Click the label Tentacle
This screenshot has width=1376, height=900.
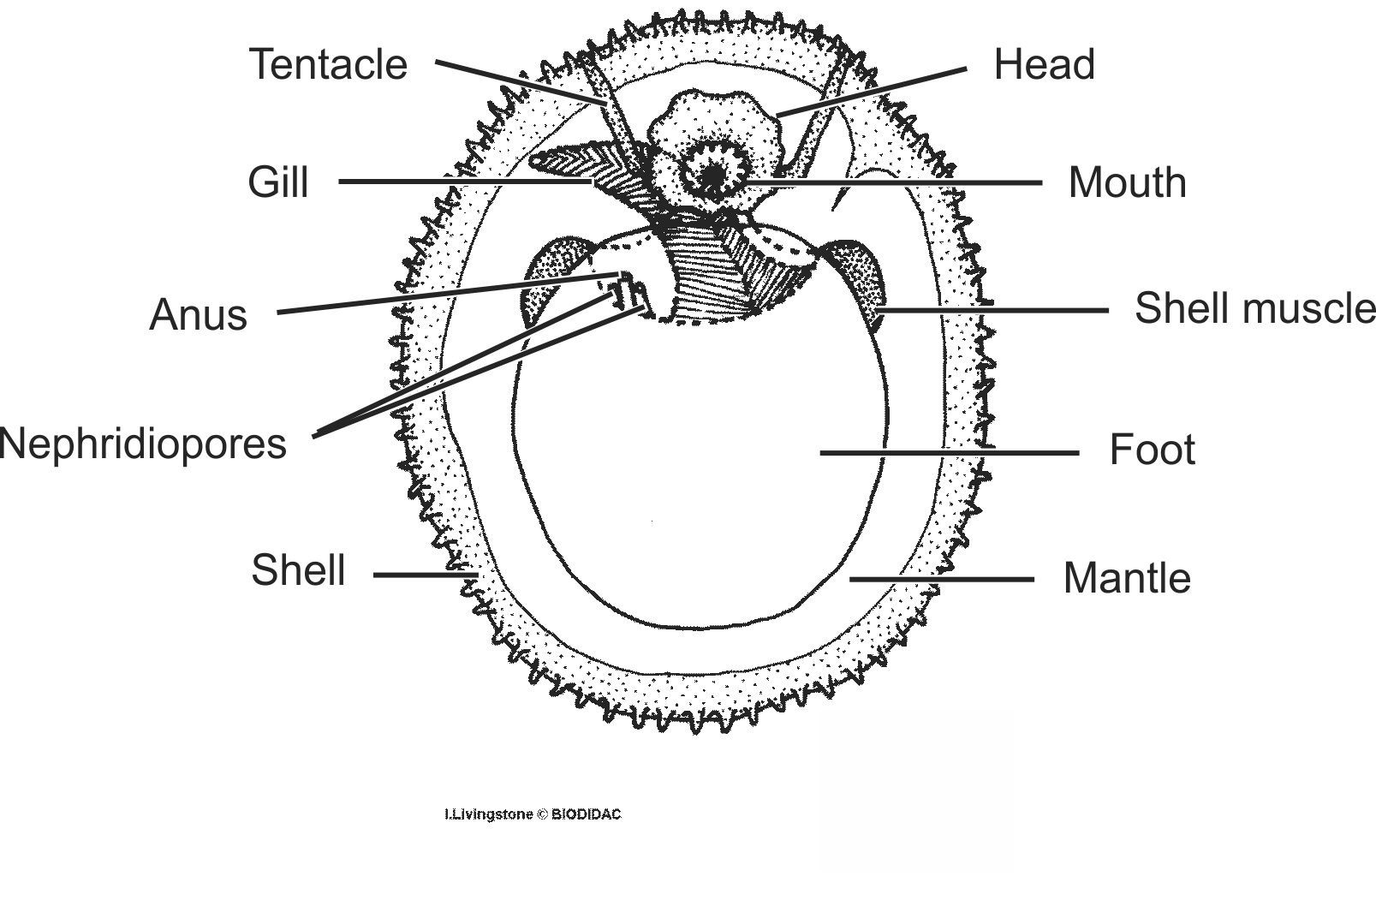328,65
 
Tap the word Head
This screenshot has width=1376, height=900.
1044,65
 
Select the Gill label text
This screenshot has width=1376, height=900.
277,182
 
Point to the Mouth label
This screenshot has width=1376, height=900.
1127,183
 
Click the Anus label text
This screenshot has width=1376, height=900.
198,315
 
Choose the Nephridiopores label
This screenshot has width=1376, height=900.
144,444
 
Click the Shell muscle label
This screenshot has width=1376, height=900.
1254,308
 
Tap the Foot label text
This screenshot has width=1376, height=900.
1152,450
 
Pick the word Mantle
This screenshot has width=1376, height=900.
1126,578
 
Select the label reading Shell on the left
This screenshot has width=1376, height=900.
298,570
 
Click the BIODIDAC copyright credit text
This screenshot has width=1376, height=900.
532,814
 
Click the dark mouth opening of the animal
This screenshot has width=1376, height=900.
711,176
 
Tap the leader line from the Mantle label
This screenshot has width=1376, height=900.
942,580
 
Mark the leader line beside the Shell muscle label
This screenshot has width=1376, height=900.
993,310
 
